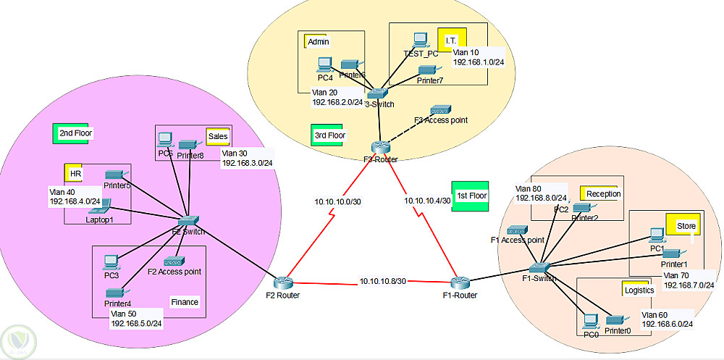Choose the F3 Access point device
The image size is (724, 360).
[440, 110]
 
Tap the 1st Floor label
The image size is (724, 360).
[471, 196]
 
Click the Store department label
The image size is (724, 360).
[686, 226]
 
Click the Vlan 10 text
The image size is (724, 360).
[466, 52]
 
